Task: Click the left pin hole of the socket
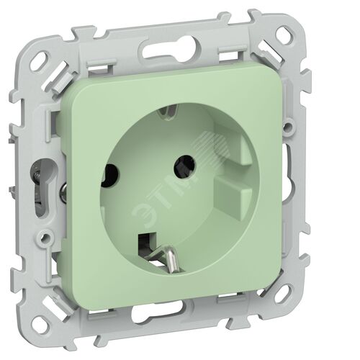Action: [109, 176]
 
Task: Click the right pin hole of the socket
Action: [184, 166]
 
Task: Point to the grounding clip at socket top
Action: [170, 110]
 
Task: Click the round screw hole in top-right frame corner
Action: [287, 33]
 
